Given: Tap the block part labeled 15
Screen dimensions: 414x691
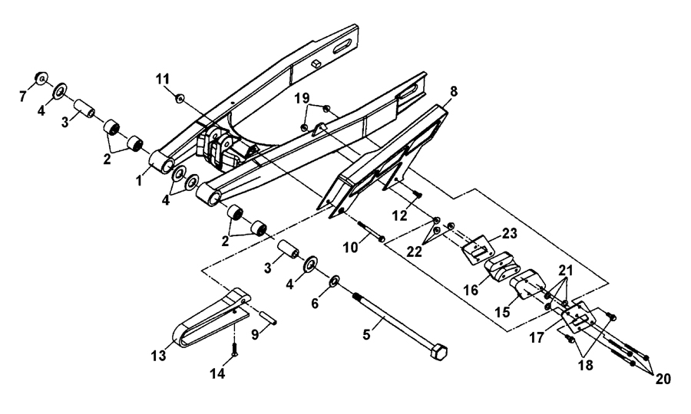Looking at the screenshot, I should coord(527,286).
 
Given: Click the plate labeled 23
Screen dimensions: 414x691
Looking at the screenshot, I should coord(478,247).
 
